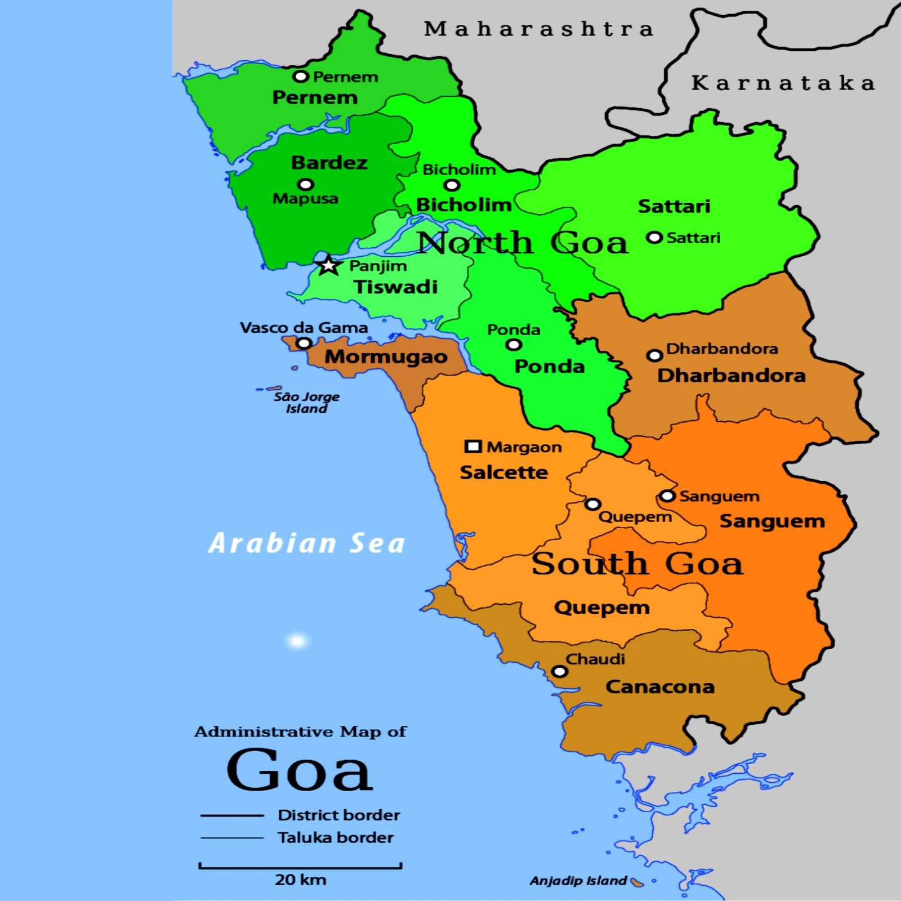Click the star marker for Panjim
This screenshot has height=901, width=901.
[x=329, y=265]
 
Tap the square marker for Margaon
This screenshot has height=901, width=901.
[x=472, y=447]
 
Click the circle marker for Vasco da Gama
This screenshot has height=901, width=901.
[x=304, y=343]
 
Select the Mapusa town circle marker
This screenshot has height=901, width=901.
[x=306, y=185]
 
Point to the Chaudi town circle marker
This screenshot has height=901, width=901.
[x=559, y=671]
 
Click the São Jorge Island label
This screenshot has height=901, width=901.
[x=306, y=403]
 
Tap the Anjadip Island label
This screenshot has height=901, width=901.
[x=578, y=881]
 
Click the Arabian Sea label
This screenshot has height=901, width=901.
[x=307, y=543]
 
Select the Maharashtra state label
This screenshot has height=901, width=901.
[x=539, y=29]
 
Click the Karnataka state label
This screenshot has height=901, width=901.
[x=783, y=83]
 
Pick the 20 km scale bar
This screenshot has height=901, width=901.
[x=300, y=866]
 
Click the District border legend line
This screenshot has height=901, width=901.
[x=232, y=815]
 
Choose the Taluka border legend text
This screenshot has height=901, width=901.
[x=336, y=837]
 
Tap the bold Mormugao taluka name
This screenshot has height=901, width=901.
[x=386, y=356]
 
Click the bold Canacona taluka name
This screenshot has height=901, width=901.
[x=660, y=686]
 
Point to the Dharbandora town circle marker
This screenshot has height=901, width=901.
[x=654, y=355]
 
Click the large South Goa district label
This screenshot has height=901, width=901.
[x=637, y=564]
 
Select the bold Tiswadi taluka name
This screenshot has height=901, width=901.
[x=395, y=287]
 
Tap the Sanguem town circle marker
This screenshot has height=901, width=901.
[x=667, y=496]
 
